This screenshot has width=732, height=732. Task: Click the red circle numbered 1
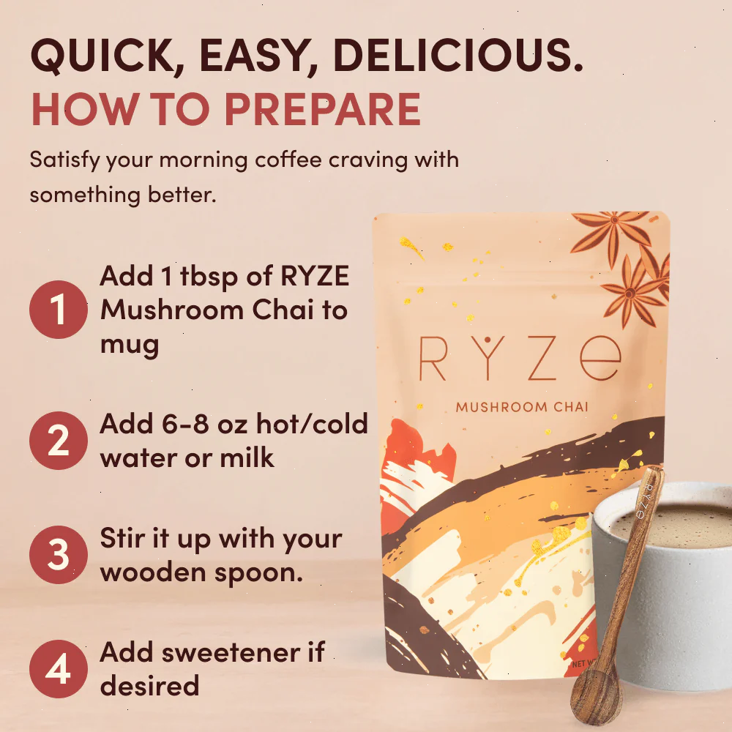[x=59, y=310]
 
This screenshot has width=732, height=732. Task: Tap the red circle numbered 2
[x=59, y=441]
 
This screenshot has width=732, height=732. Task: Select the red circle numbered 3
[x=59, y=555]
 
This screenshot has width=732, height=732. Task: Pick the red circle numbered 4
[x=59, y=669]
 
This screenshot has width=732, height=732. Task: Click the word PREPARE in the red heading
[x=323, y=109]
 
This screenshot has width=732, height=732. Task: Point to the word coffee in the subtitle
[x=288, y=160]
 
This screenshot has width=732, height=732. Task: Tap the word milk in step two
[x=247, y=457]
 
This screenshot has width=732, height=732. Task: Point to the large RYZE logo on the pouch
[x=520, y=357]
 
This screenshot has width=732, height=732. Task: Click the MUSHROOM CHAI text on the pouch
[x=522, y=406]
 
